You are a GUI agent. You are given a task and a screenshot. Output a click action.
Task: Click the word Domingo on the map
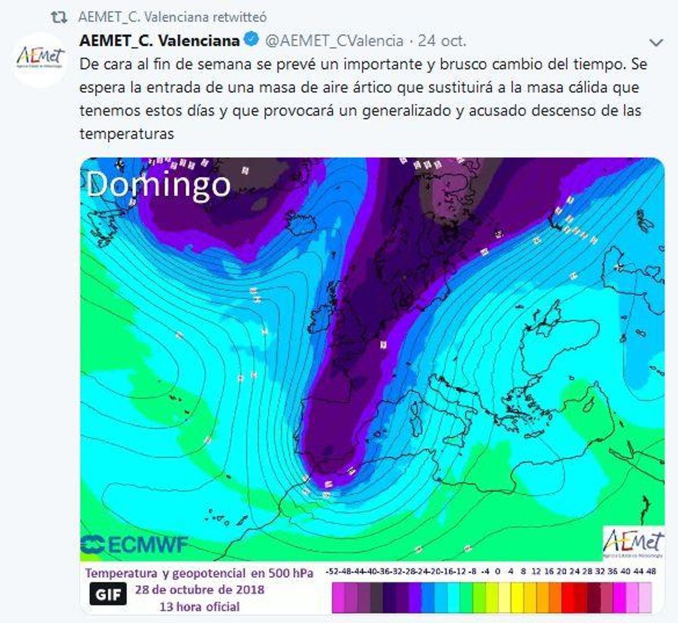159,184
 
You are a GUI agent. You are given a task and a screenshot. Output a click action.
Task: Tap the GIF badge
108,595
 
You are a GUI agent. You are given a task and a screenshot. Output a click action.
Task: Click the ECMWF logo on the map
134,545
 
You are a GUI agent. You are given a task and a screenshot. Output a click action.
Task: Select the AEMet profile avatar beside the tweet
40,59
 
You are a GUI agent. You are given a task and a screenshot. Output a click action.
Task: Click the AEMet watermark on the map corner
633,543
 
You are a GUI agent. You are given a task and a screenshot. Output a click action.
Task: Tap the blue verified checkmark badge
251,40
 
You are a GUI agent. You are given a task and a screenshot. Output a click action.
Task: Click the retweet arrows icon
59,18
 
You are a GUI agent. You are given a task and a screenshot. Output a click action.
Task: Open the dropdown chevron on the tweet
656,42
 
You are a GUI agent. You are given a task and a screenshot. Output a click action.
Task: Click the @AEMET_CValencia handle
334,41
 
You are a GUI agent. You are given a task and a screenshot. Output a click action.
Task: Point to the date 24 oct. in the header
442,41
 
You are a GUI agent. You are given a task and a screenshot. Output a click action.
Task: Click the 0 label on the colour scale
497,572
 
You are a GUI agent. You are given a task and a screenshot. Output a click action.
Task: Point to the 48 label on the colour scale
651,572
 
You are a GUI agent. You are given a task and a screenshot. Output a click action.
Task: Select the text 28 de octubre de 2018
199,589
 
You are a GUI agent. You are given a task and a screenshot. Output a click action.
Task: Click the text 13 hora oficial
199,607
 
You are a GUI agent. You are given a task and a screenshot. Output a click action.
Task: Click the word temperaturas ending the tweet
127,134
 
